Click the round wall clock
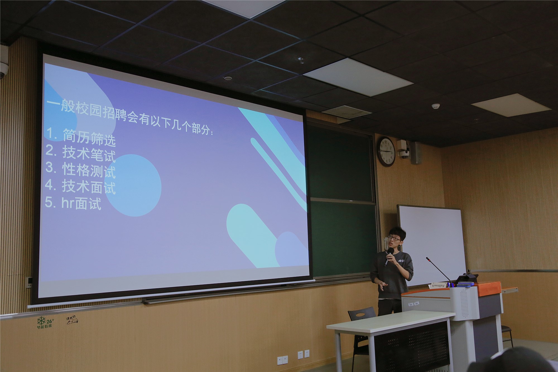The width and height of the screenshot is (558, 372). [x=387, y=152]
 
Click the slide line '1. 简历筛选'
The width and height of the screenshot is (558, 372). [x=81, y=136]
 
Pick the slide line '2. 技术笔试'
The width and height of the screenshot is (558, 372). [x=80, y=153]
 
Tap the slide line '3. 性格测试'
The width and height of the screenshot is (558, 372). [x=80, y=169]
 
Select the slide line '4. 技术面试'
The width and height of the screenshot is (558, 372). [x=80, y=186]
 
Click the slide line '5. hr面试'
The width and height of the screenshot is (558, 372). [x=73, y=203]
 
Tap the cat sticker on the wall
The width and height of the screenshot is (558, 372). [x=72, y=321]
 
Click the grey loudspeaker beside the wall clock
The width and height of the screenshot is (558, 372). [x=416, y=153]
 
